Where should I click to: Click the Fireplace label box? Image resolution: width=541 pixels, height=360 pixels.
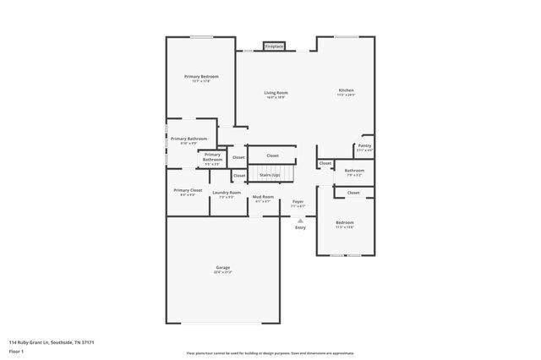pyautogui.click(x=274, y=46)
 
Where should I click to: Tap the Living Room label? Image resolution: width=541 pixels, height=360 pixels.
pyautogui.click(x=276, y=92)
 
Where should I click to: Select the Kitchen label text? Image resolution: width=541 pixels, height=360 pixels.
pyautogui.click(x=346, y=90)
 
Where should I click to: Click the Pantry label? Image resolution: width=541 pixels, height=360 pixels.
pyautogui.click(x=364, y=145)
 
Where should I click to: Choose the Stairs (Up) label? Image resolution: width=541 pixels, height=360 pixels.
pyautogui.click(x=270, y=175)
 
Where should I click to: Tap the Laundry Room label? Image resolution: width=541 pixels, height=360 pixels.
pyautogui.click(x=227, y=193)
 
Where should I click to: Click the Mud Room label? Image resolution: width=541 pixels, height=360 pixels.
pyautogui.click(x=263, y=196)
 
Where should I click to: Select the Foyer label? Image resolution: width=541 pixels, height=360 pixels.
pyautogui.click(x=298, y=201)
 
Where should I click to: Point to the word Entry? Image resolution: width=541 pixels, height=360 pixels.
pyautogui.click(x=300, y=227)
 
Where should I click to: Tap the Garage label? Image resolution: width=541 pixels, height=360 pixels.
pyautogui.click(x=222, y=268)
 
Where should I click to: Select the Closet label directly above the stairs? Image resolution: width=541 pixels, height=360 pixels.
pyautogui.click(x=272, y=155)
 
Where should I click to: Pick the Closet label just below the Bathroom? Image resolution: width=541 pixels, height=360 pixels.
pyautogui.click(x=353, y=193)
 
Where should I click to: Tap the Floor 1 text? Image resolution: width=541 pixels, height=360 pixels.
pyautogui.click(x=17, y=351)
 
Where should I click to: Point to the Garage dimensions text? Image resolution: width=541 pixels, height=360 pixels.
pyautogui.click(x=222, y=273)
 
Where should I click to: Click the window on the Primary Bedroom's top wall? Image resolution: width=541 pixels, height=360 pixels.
pyautogui.click(x=200, y=36)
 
